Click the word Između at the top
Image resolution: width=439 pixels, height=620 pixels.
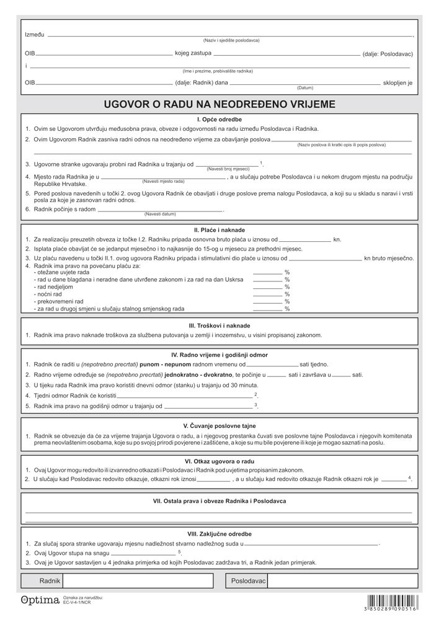point(35,35)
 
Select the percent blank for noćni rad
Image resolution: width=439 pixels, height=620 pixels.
point(267,294)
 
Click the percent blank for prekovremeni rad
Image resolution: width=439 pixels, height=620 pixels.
point(267,301)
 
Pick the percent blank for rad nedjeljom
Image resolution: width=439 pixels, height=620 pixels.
point(267,287)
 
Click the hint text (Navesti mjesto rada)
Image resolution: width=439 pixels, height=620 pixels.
point(163,182)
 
